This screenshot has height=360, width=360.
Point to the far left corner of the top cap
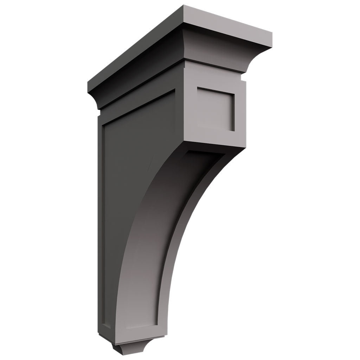point(88,82)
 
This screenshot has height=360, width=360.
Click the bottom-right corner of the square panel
point(234,131)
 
